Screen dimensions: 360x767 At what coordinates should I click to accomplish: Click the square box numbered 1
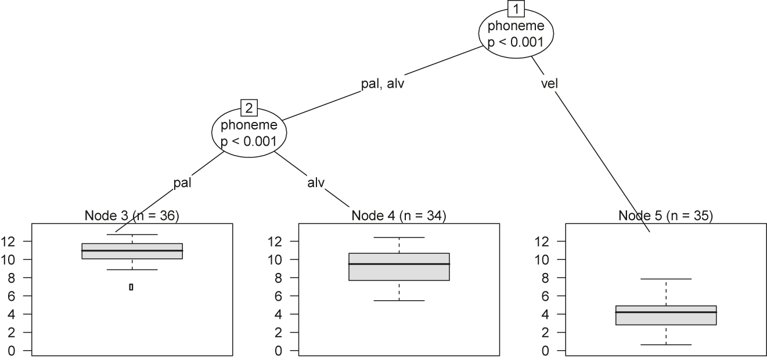[516, 9]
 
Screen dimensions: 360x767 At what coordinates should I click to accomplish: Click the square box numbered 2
[249, 109]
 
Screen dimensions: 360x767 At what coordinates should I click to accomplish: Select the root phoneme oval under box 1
[516, 34]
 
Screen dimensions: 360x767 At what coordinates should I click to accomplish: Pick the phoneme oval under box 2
[249, 133]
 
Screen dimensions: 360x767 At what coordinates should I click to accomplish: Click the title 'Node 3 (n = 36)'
[132, 216]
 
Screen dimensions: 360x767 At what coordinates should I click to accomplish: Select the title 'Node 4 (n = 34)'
[399, 216]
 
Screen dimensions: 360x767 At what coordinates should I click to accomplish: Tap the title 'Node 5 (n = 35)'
[665, 216]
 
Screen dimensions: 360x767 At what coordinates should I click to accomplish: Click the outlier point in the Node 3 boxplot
[131, 287]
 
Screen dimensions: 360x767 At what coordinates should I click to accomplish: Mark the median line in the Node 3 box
[132, 250]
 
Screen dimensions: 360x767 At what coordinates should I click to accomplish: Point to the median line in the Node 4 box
[399, 264]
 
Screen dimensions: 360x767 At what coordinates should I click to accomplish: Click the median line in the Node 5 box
[665, 312]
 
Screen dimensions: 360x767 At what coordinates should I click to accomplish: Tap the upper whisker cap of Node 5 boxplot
[665, 279]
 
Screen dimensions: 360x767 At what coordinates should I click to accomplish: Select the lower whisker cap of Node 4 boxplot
[399, 300]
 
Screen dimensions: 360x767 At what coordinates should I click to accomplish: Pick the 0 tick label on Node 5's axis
[547, 351]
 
